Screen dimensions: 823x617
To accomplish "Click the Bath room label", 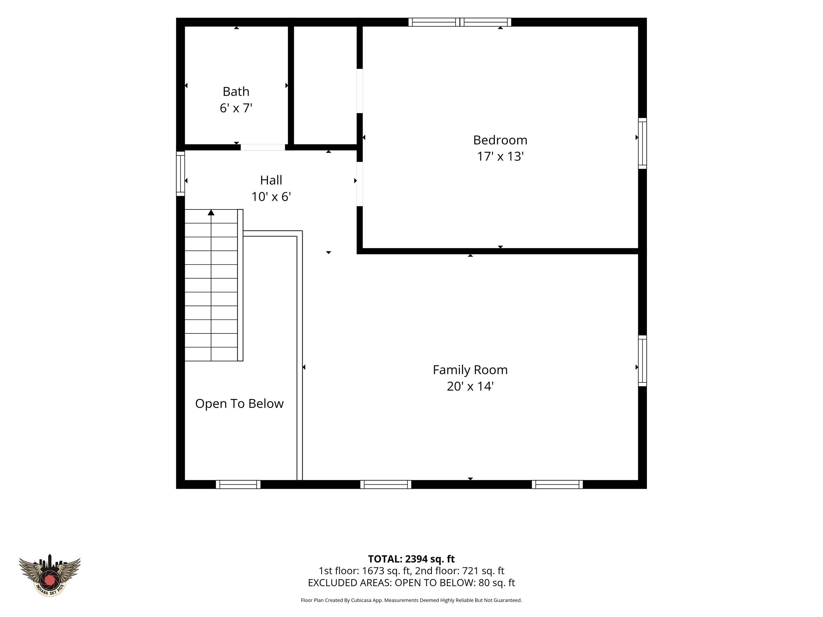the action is [236, 92].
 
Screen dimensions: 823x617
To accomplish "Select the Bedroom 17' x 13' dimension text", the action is [500, 156].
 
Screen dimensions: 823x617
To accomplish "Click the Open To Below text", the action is [239, 404].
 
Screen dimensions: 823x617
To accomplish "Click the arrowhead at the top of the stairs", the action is [211, 212].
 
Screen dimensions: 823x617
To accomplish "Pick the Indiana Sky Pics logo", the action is [50, 575].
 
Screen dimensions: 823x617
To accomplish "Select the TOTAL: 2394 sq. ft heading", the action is [411, 559].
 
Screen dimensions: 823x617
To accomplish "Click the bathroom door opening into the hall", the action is [263, 147].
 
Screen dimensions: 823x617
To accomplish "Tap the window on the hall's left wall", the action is [181, 173].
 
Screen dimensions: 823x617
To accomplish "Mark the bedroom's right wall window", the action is [642, 143].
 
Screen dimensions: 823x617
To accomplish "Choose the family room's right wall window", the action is [642, 361].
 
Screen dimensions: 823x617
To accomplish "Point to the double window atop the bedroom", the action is [460, 22].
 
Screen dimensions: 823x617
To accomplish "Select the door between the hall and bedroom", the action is [360, 184].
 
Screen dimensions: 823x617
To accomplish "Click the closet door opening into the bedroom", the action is [360, 91].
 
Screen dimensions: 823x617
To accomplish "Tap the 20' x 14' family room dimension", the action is [470, 386].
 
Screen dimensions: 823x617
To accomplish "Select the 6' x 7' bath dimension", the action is [236, 108].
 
